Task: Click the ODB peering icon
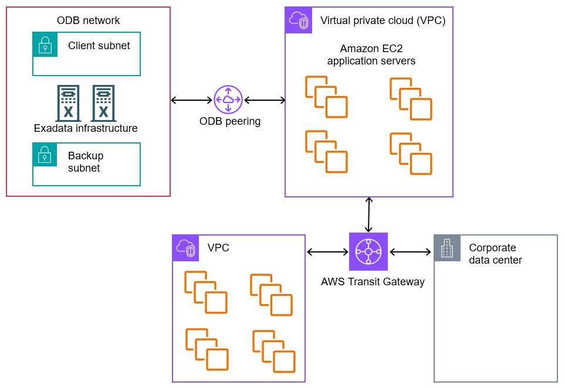click(x=228, y=100)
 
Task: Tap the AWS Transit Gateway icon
click(x=368, y=252)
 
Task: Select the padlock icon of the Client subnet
click(x=45, y=45)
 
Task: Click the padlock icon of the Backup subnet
click(x=45, y=155)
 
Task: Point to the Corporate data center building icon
click(x=447, y=248)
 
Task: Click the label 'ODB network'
click(x=88, y=21)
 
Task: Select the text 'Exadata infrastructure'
click(x=86, y=128)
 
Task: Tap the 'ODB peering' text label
click(x=230, y=122)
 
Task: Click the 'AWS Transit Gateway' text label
click(x=373, y=282)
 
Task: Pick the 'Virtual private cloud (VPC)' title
click(x=383, y=21)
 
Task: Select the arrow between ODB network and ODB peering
click(x=191, y=100)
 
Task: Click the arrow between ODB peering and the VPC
click(x=265, y=100)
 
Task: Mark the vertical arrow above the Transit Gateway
click(x=368, y=215)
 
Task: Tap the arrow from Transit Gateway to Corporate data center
click(x=410, y=252)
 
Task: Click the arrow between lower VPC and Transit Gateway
click(x=327, y=252)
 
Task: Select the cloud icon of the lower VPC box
click(x=185, y=248)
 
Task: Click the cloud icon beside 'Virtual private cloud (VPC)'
click(x=298, y=21)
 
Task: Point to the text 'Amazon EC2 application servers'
click(x=371, y=54)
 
